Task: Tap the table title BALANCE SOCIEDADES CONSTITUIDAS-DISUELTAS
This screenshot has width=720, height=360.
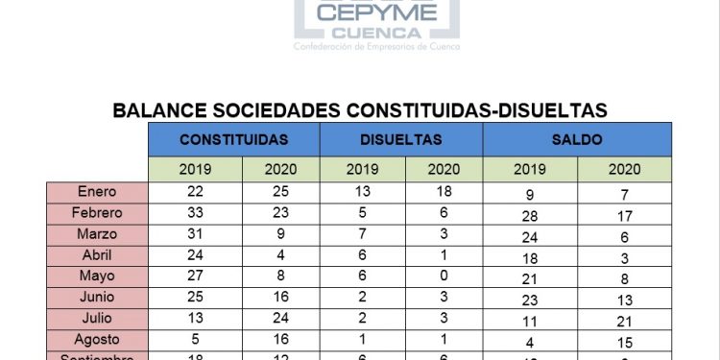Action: tap(360, 110)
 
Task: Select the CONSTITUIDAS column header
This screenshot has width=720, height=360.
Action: tap(233, 139)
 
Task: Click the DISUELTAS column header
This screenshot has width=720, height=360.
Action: tap(401, 139)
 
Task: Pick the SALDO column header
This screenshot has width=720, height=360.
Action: tap(577, 139)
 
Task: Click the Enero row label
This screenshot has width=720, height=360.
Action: tap(97, 191)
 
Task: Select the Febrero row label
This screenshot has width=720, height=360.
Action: tap(97, 212)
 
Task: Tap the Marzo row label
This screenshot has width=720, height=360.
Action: tap(97, 233)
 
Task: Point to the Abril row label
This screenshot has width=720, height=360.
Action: tap(97, 254)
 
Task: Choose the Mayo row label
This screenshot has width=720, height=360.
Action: tap(97, 276)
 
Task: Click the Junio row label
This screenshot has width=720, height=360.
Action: tap(97, 297)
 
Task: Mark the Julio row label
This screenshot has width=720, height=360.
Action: tap(97, 318)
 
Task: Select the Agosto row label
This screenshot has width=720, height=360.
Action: tap(97, 339)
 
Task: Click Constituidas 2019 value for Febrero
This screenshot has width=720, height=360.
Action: tap(195, 212)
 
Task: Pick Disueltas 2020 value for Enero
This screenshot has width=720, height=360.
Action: tap(444, 191)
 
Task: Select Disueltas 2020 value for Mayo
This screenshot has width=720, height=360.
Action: tap(444, 276)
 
